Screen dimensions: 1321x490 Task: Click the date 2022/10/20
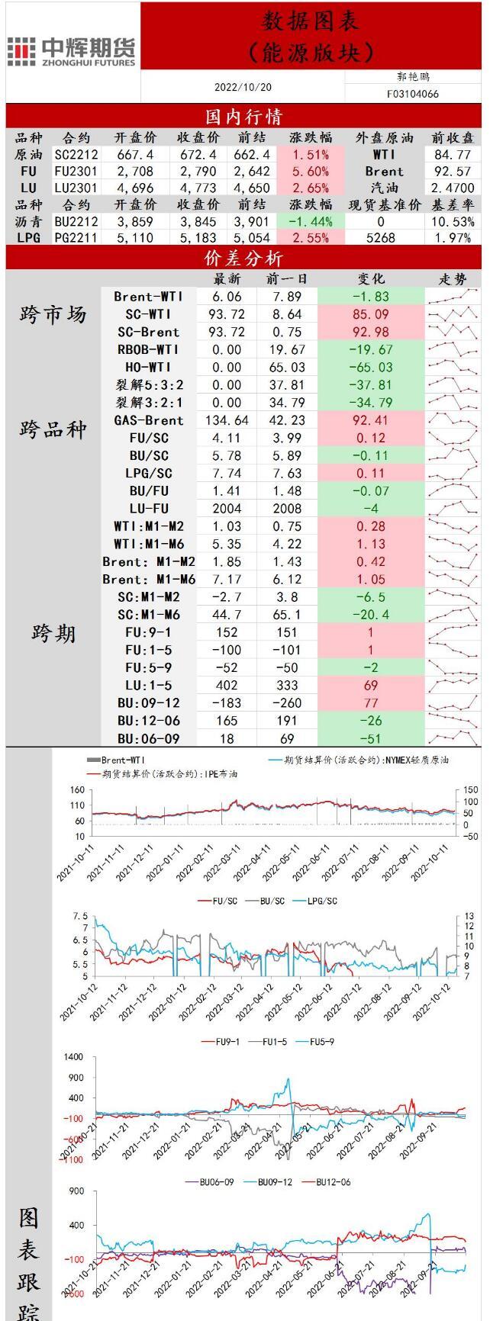click(x=243, y=88)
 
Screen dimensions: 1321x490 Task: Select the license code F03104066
click(x=413, y=95)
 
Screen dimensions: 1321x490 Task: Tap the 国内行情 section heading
click(x=244, y=116)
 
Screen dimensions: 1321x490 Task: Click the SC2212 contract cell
click(x=76, y=154)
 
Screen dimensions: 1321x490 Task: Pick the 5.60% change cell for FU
click(x=311, y=171)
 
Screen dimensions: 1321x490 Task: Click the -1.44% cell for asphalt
click(x=311, y=221)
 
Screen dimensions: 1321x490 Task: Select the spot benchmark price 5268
click(x=381, y=238)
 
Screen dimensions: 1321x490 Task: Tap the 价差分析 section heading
click(x=244, y=258)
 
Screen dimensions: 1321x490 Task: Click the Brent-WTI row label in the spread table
click(x=149, y=297)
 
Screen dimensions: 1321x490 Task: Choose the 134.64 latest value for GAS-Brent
click(x=227, y=420)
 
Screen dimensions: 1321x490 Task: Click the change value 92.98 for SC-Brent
click(x=370, y=332)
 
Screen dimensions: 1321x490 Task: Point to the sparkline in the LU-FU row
click(x=453, y=509)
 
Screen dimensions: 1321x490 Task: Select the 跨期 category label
click(x=53, y=633)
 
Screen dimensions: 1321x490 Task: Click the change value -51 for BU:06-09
click(x=370, y=738)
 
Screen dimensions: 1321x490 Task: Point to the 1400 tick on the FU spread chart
click(x=74, y=1057)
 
